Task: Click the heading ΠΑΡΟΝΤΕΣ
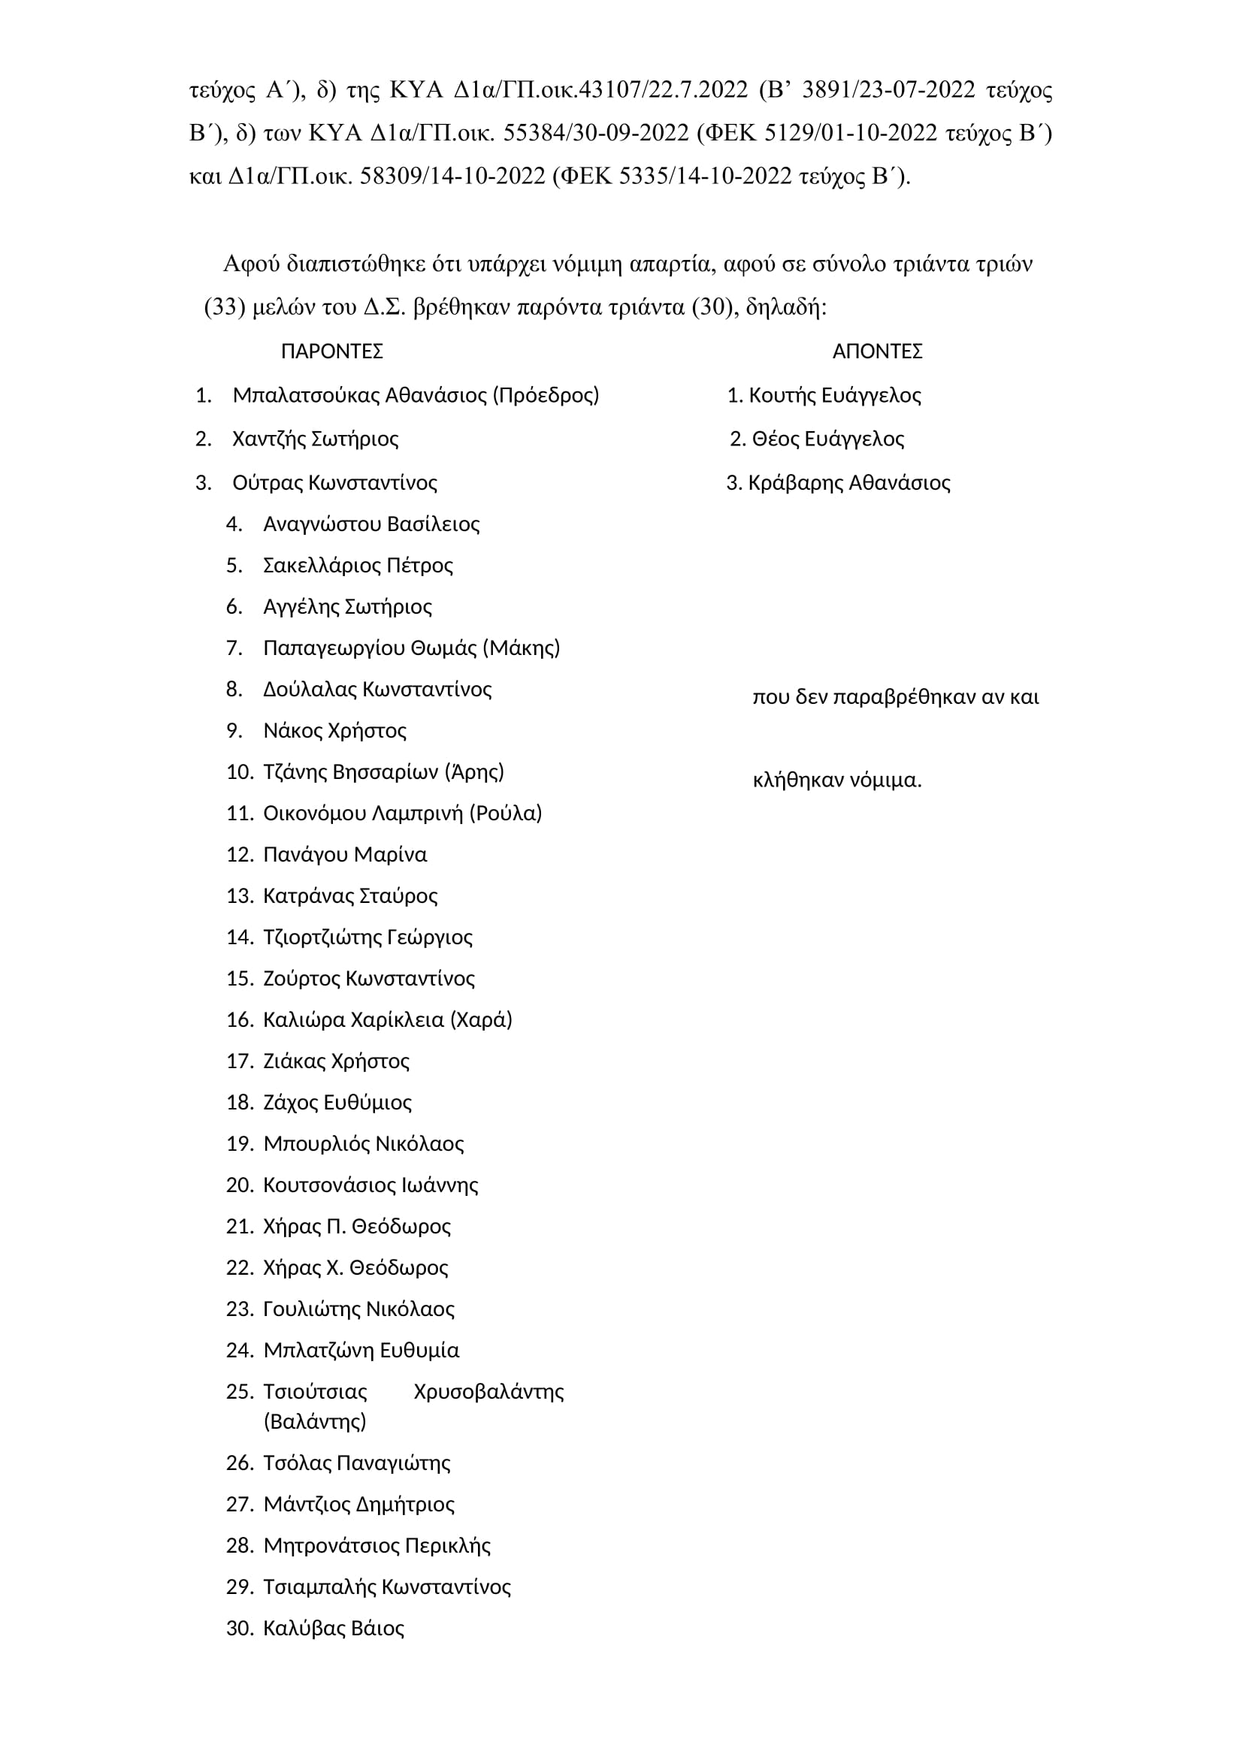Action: [x=331, y=352]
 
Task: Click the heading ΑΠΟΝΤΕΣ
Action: [x=877, y=352]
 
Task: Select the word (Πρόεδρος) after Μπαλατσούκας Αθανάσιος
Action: [x=546, y=396]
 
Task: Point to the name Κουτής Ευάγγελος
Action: [x=834, y=396]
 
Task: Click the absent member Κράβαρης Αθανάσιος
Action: [x=848, y=483]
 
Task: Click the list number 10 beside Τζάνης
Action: [x=240, y=772]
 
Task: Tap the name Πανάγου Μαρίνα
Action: [x=344, y=855]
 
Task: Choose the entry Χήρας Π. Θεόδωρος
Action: [x=357, y=1227]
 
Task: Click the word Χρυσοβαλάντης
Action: [x=488, y=1392]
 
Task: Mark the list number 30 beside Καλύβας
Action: [x=240, y=1629]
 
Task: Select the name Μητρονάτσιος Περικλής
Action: [x=377, y=1546]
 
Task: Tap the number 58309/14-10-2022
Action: [x=452, y=177]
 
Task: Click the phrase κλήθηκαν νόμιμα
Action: [x=837, y=780]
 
